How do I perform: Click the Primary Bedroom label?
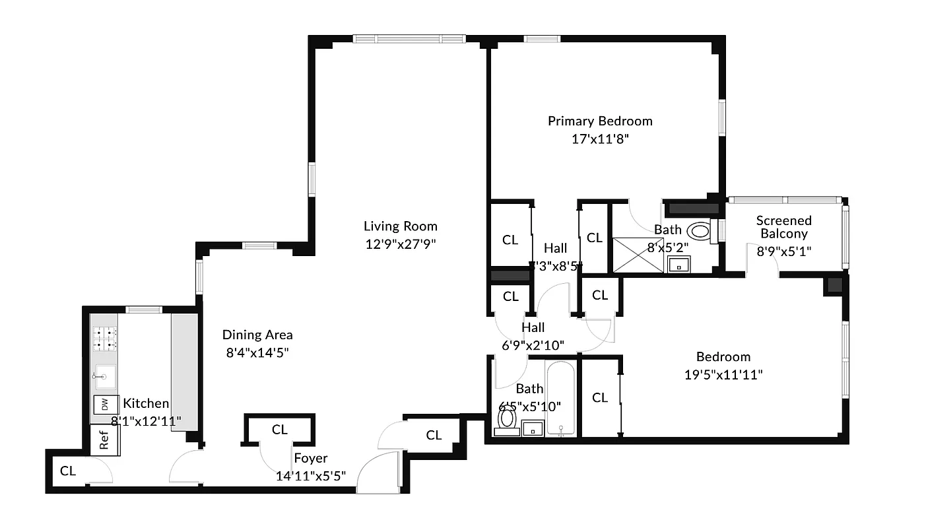[x=600, y=121]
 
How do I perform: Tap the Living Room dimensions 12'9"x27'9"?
[x=400, y=244]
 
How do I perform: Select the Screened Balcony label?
[x=783, y=226]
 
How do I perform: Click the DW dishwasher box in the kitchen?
[x=104, y=405]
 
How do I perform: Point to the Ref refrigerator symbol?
[x=104, y=441]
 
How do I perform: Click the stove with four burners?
[x=104, y=339]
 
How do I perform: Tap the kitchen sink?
[x=104, y=377]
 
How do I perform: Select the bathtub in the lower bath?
[x=561, y=398]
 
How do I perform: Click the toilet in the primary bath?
[x=700, y=232]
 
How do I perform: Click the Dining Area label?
[x=257, y=335]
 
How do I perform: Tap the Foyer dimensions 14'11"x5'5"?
[x=310, y=475]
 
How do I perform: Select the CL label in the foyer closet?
[x=279, y=430]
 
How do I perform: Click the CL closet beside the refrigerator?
[x=68, y=471]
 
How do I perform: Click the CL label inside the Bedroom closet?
[x=599, y=397]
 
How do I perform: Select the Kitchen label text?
[x=146, y=403]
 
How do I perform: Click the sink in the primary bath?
[x=677, y=265]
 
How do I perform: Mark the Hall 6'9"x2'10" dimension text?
[x=533, y=345]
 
